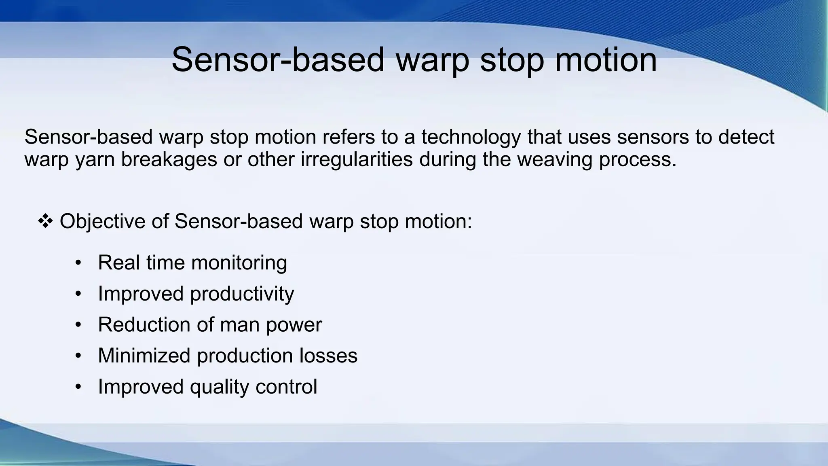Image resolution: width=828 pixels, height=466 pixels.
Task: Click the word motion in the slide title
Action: pyautogui.click(x=606, y=60)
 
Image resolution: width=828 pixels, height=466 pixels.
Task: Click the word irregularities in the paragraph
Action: pyautogui.click(x=357, y=159)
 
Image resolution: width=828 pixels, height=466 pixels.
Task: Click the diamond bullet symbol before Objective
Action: pyautogui.click(x=45, y=221)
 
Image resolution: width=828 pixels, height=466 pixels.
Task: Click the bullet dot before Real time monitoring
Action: pyautogui.click(x=78, y=263)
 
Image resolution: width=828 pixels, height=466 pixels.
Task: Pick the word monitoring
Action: pyautogui.click(x=239, y=263)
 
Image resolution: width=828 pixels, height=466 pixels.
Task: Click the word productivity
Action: pyautogui.click(x=242, y=294)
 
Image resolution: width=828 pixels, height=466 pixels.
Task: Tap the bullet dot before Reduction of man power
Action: pyautogui.click(x=78, y=325)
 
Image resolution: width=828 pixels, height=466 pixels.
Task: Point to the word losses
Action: pyautogui.click(x=328, y=356)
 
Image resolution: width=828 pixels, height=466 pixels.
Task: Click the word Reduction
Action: pyautogui.click(x=144, y=325)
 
